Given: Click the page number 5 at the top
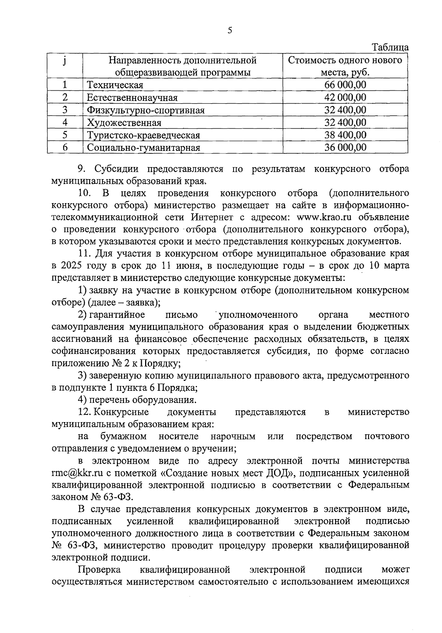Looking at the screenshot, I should pos(230,31).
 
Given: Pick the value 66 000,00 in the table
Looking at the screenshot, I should pos(345,85).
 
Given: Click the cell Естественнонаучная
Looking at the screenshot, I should pos(132,98).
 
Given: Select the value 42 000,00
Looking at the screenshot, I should pos(345,97).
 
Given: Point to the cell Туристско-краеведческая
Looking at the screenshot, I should pos(143,135).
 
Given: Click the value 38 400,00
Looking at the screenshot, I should pos(345,135).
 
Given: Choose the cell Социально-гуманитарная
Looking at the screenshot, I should pos(143,148).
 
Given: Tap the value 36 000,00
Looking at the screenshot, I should pos(345,147).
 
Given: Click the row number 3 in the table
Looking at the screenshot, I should pos(65,110).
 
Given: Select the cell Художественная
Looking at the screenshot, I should pos(124,123).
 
